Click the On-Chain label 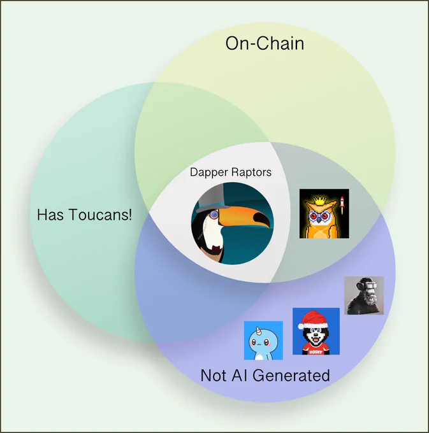point(265,44)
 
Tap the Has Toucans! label point(84,215)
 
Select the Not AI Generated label point(265,375)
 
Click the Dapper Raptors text point(231,172)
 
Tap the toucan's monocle point(214,215)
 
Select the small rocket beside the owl point(342,204)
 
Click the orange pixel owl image point(324,214)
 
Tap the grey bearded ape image point(364,295)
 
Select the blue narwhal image point(263,341)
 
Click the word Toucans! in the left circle point(100,215)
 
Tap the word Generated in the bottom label point(291,375)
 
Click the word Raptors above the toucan point(251,172)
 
